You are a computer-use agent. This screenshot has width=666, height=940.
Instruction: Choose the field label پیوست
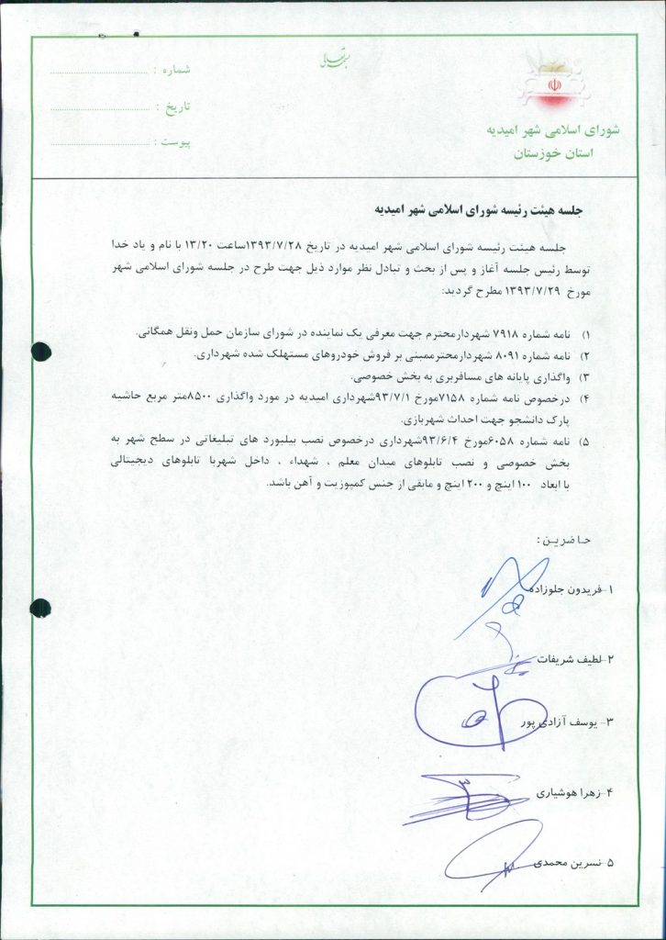[x=173, y=142]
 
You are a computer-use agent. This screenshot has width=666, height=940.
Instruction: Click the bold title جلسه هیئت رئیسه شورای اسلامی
[x=478, y=209]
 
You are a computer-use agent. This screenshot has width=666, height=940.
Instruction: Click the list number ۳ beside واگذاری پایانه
[x=586, y=377]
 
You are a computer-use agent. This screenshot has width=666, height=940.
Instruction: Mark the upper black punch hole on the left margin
[x=41, y=351]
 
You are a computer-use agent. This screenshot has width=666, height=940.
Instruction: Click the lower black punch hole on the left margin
[x=41, y=607]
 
